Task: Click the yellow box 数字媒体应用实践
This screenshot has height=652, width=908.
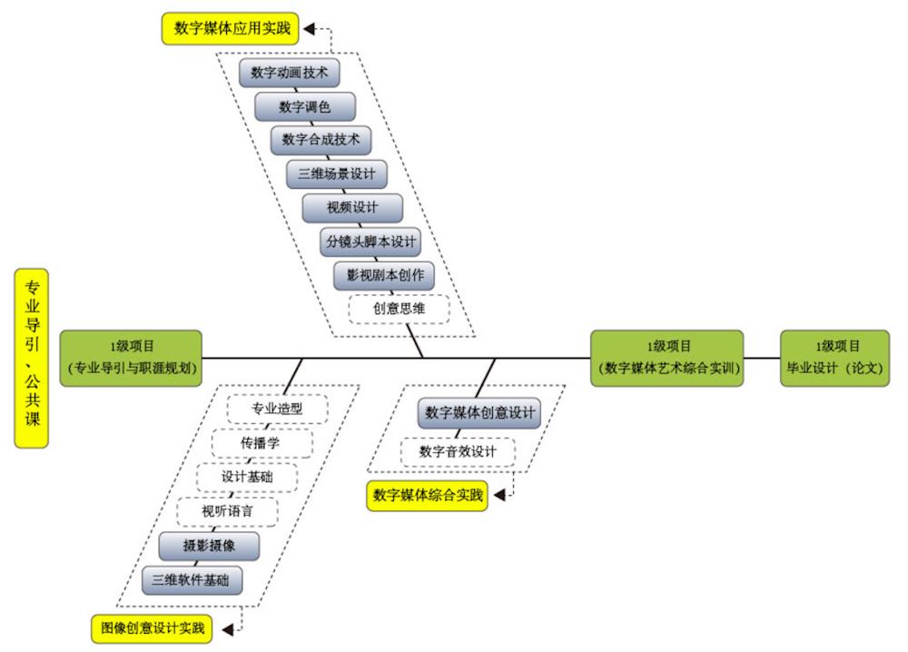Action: click(x=232, y=29)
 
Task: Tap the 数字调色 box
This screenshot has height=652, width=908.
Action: click(x=304, y=107)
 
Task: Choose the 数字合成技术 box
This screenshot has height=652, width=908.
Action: click(x=321, y=140)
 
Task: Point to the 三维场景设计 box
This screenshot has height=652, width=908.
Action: click(x=336, y=173)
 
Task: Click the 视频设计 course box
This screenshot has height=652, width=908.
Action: click(x=352, y=207)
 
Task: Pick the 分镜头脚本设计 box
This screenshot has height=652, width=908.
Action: click(x=370, y=242)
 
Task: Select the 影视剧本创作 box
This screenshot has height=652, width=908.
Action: click(x=385, y=274)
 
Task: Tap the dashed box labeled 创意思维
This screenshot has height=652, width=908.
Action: click(x=400, y=309)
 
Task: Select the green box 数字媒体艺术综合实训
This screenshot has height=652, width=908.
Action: click(x=667, y=358)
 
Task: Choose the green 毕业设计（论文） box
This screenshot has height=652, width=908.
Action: click(x=835, y=358)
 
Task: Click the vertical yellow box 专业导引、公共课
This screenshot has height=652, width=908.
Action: click(x=32, y=358)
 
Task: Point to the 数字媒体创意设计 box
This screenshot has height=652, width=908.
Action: click(x=480, y=413)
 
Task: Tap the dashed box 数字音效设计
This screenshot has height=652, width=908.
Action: click(x=459, y=451)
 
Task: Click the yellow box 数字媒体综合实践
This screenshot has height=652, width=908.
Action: click(x=427, y=496)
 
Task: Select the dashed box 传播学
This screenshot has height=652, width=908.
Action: click(x=262, y=443)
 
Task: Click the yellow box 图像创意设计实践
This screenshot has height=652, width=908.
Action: click(x=151, y=627)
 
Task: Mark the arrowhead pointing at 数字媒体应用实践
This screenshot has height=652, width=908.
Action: click(x=309, y=29)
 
